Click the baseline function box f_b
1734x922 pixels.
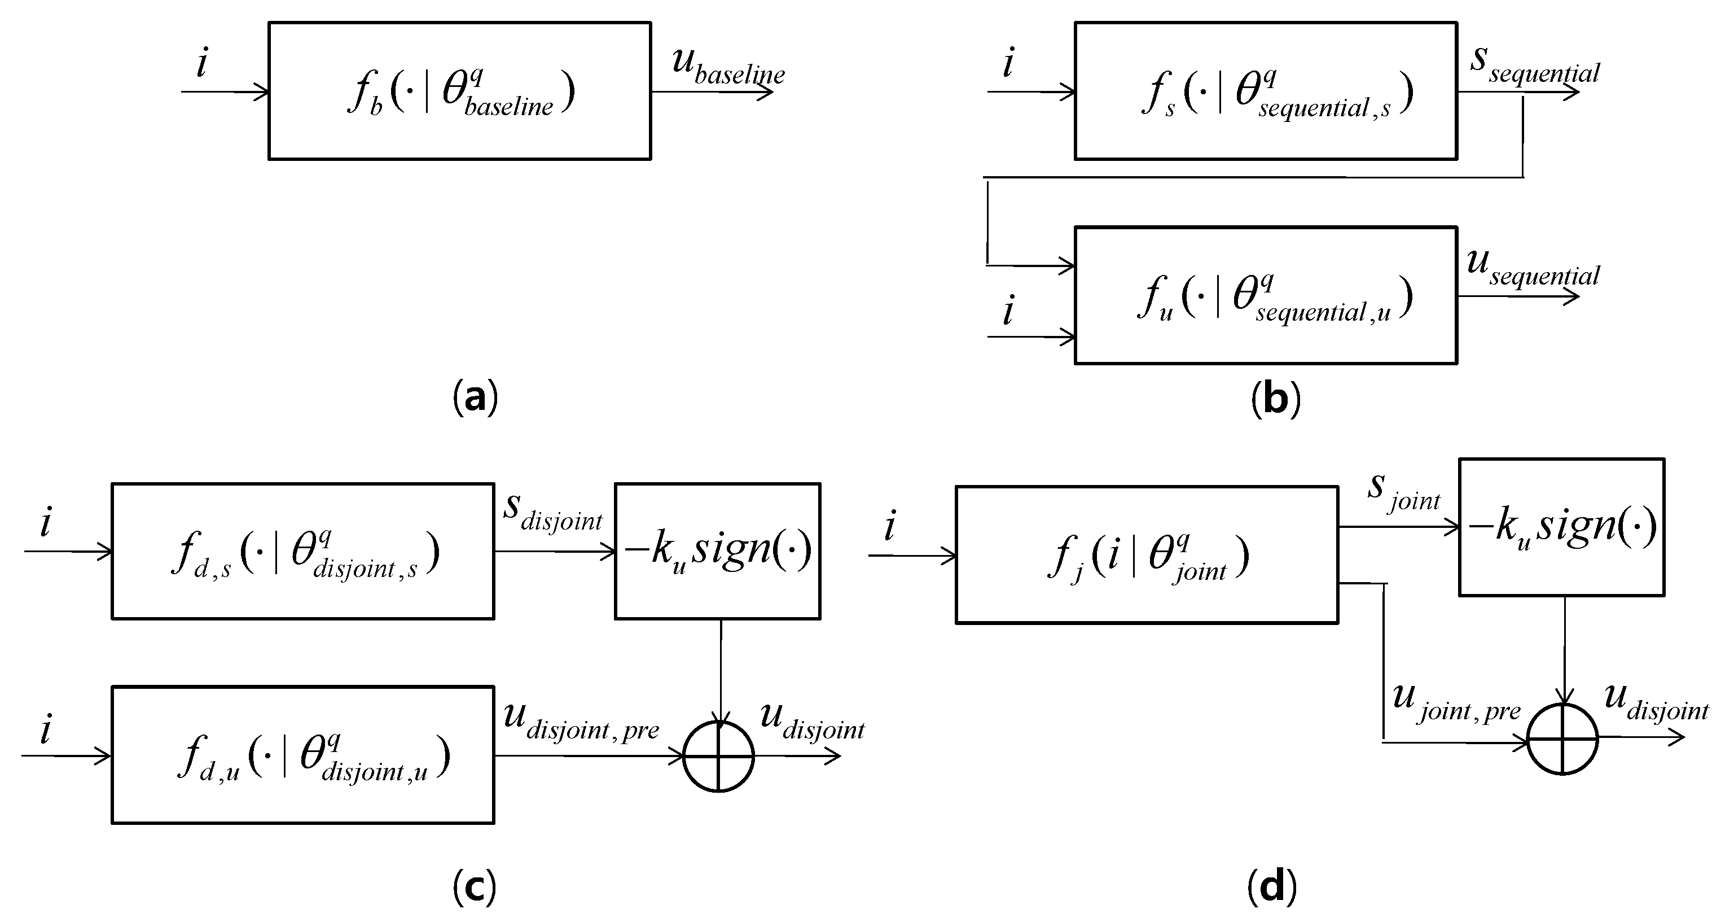(459, 91)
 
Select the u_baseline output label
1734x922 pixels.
(728, 66)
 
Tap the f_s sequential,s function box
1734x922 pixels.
(1266, 91)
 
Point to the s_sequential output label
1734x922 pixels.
(1534, 66)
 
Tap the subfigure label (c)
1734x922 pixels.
(475, 888)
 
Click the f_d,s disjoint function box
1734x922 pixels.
(303, 551)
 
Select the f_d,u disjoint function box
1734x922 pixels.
(303, 754)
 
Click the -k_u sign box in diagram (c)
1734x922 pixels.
(718, 551)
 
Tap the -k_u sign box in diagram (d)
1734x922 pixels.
(1562, 527)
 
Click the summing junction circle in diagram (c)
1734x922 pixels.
(718, 757)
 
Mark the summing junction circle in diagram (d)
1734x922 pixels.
(1562, 739)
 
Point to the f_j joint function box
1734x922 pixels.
(1147, 555)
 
